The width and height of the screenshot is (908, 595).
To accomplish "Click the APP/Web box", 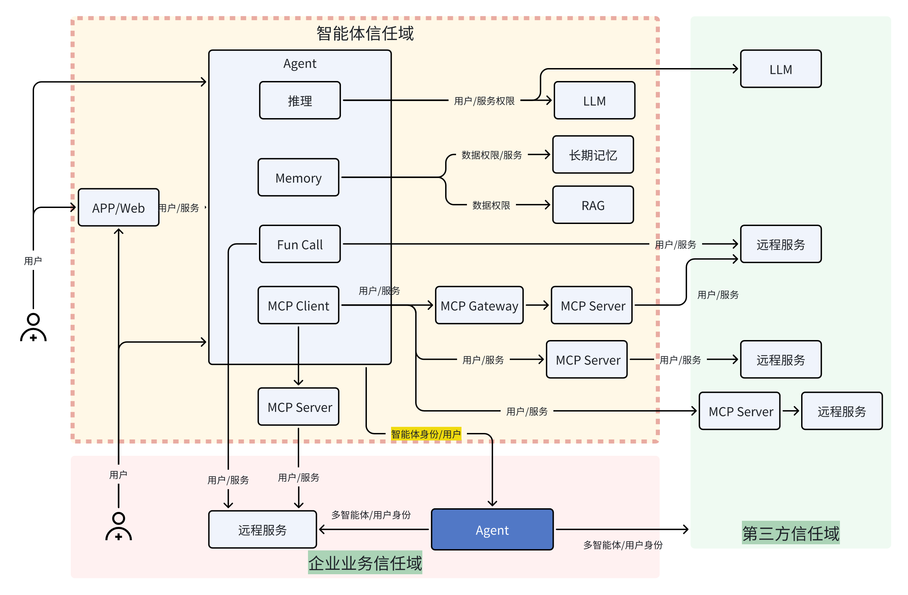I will [118, 207].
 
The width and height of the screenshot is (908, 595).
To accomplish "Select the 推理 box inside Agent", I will [299, 100].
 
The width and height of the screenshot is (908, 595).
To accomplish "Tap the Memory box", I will [298, 177].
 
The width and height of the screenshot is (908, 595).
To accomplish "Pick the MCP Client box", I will [298, 305].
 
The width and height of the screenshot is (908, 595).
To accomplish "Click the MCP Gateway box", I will [479, 305].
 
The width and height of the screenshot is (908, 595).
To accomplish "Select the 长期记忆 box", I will [593, 155].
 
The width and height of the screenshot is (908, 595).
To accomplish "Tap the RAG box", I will [593, 205].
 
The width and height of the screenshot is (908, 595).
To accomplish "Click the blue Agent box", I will [492, 529].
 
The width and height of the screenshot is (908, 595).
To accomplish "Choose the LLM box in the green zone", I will [781, 69].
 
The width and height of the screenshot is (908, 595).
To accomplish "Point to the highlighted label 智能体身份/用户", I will [426, 434].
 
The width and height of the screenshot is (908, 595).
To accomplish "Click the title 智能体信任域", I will [365, 33].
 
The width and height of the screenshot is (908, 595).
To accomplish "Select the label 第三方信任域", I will [790, 533].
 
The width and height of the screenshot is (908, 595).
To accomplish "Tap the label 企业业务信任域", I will [365, 563].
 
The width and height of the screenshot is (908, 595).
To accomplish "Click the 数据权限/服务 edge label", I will [491, 155].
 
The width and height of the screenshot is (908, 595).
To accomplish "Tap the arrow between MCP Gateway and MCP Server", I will [537, 305].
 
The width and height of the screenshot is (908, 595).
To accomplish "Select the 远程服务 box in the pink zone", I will [262, 529].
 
